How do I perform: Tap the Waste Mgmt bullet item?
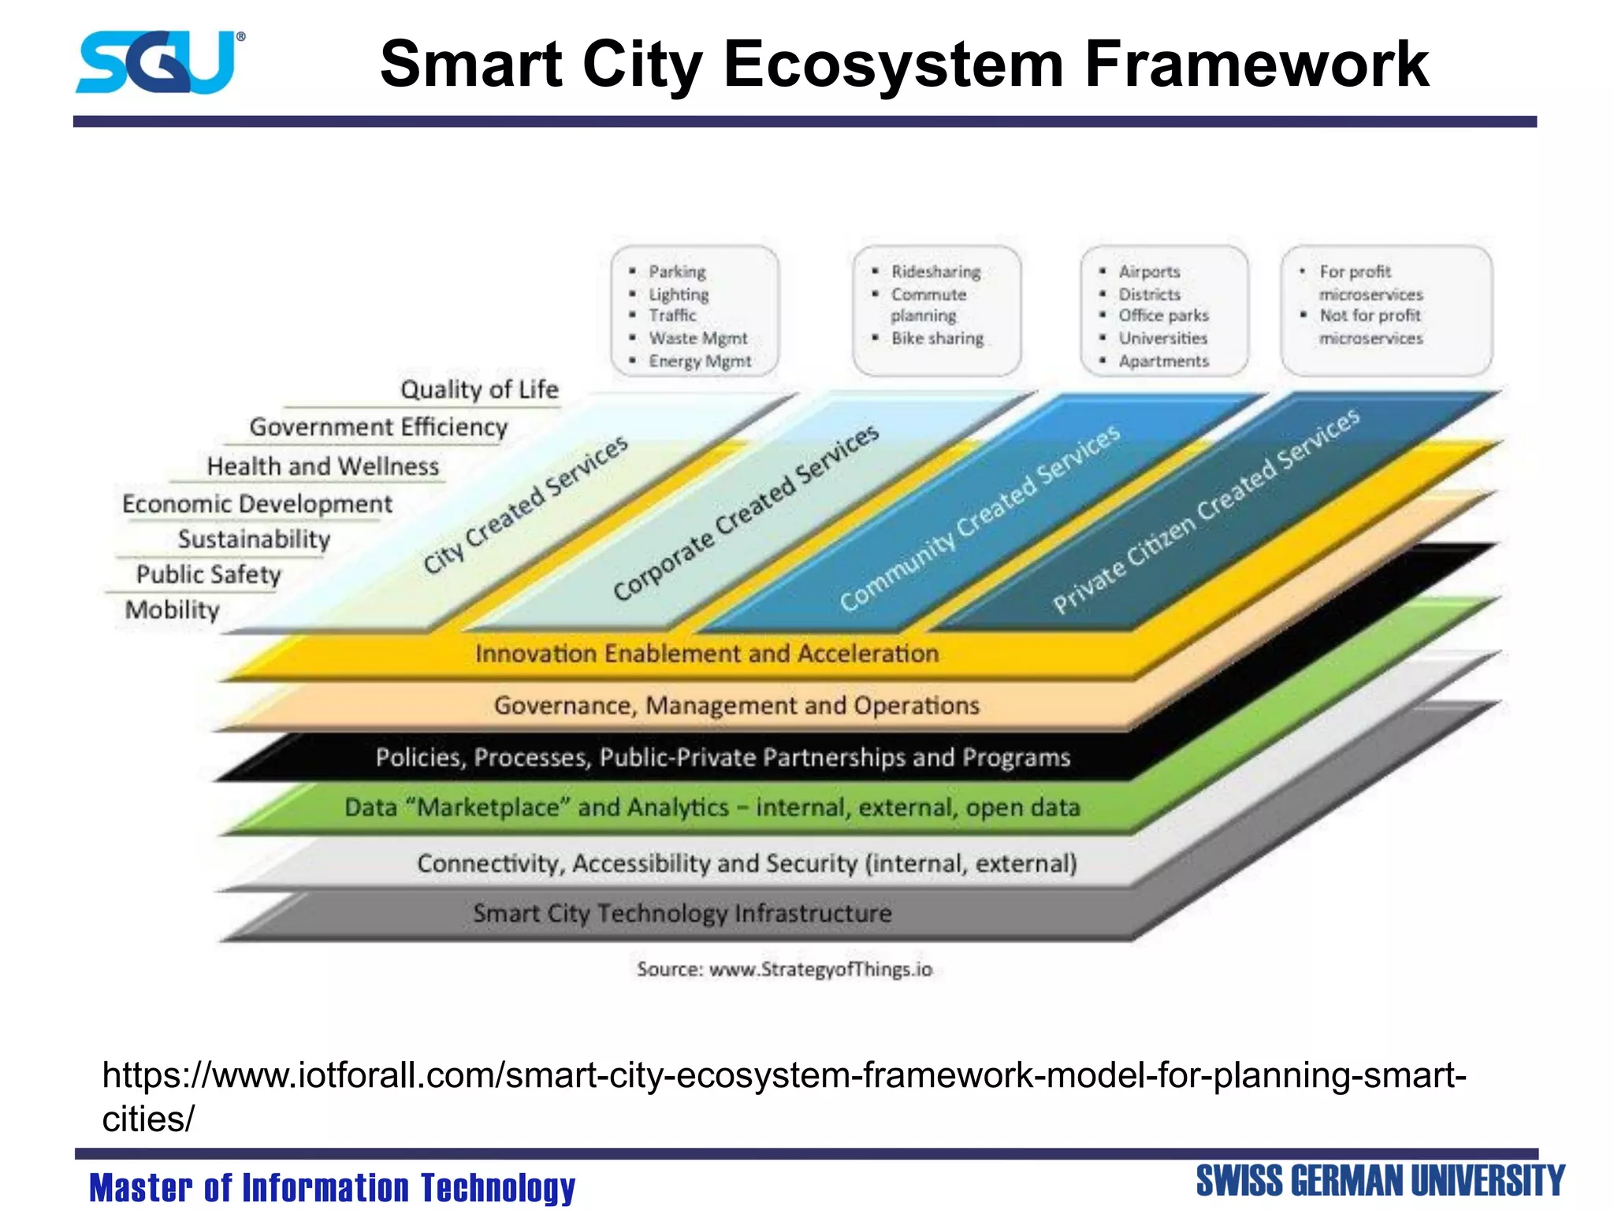coord(697,338)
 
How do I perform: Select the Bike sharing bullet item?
coord(937,338)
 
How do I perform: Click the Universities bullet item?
coord(1162,338)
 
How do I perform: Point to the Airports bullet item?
coord(1149,272)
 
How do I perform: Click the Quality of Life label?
coord(479,389)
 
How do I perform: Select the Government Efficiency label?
coord(378,427)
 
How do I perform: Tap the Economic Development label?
coord(257,503)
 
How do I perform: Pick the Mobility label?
coord(173,609)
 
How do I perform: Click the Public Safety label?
coord(209,574)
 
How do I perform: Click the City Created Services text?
coord(526,504)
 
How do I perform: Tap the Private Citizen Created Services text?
coord(1206,510)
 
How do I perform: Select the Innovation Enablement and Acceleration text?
coord(707,653)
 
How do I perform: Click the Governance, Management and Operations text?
coord(736,705)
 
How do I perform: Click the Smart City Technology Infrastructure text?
coord(682,913)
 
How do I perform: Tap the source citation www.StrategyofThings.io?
coord(820,969)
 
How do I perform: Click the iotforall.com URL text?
coord(783,1075)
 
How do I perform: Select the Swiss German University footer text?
coord(1380,1181)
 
